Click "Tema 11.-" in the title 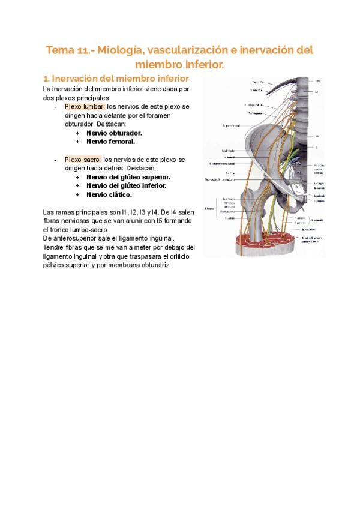coord(68,50)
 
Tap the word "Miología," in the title coord(124,50)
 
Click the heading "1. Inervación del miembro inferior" coord(116,79)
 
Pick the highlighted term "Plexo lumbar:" coord(85,106)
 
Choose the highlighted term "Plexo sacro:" coord(83,160)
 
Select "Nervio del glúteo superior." coord(128,177)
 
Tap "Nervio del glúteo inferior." coord(126,186)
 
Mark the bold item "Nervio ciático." coord(109,195)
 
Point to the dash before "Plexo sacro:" coord(55,160)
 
